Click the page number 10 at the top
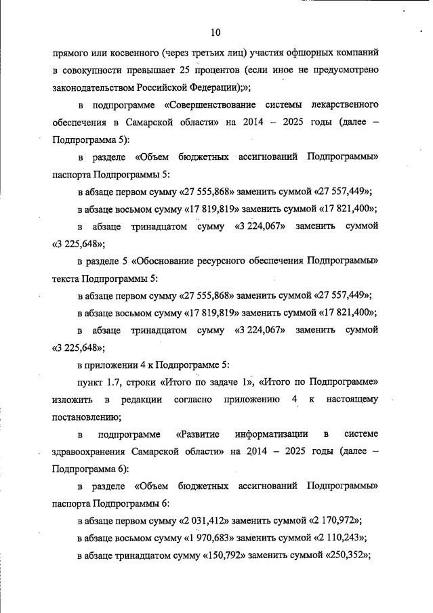215,32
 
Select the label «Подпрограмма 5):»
89,140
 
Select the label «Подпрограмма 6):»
89,469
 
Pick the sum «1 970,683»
211,538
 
